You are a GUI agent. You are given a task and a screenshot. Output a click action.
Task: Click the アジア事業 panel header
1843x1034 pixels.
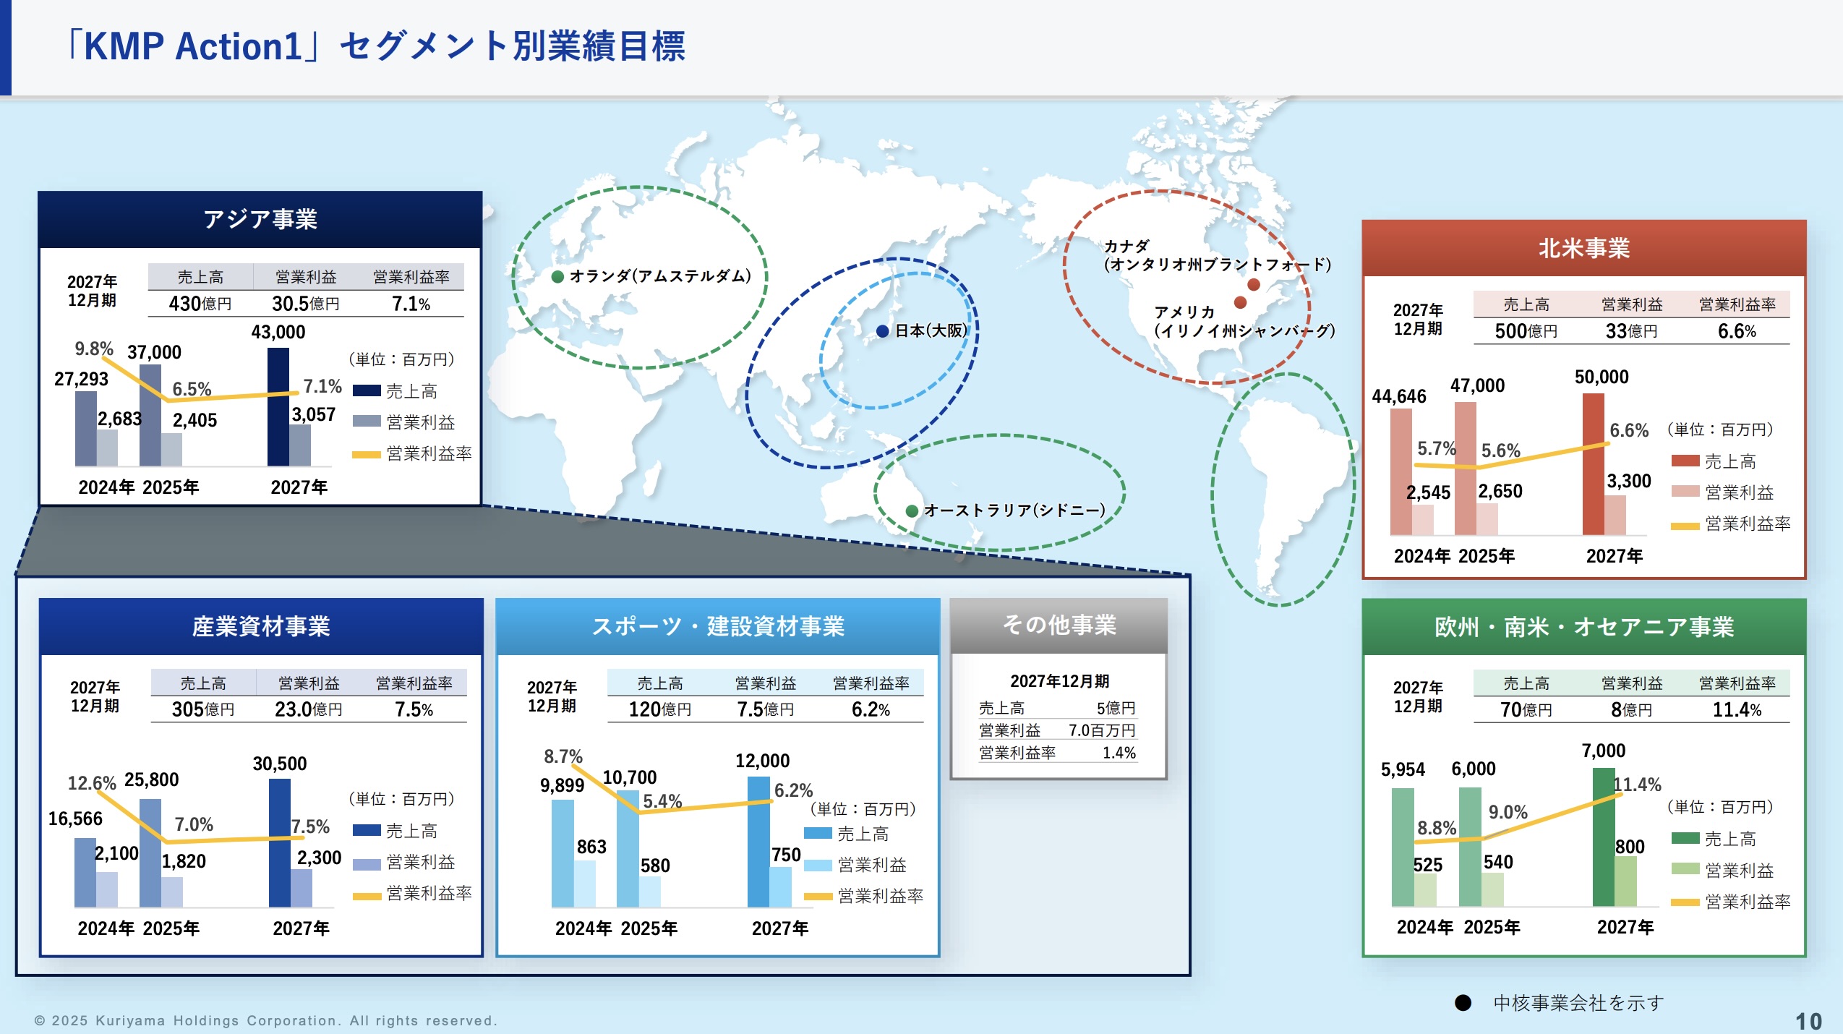pyautogui.click(x=260, y=219)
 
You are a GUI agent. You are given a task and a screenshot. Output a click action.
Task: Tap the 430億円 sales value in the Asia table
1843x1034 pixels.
pyautogui.click(x=200, y=304)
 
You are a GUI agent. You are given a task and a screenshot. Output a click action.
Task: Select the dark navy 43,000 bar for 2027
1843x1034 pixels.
pyautogui.click(x=278, y=406)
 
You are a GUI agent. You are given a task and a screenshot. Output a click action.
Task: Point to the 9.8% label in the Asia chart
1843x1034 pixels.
pyautogui.click(x=94, y=349)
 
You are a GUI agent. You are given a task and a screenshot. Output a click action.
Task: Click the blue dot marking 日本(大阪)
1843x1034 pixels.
pyautogui.click(x=882, y=331)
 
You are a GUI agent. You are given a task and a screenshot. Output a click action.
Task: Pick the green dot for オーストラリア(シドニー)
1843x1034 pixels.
pyautogui.click(x=912, y=510)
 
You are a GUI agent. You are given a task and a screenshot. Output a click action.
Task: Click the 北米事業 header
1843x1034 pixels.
pyautogui.click(x=1583, y=248)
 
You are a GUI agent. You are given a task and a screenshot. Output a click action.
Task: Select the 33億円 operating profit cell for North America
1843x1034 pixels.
pyautogui.click(x=1631, y=331)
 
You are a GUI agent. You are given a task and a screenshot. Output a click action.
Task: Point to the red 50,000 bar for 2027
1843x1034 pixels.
pyautogui.click(x=1593, y=464)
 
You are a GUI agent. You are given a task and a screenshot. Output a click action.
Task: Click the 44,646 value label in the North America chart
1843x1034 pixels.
pyautogui.click(x=1399, y=396)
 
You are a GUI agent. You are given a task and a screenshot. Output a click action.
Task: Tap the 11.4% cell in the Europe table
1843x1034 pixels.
pyautogui.click(x=1737, y=710)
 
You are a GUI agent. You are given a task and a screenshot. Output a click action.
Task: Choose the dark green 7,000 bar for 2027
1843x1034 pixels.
pyautogui.click(x=1603, y=837)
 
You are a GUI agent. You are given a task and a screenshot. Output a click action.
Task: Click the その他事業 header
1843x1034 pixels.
pyautogui.click(x=1059, y=625)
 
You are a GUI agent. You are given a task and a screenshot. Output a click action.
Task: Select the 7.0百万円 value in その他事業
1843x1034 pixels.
pyautogui.click(x=1102, y=730)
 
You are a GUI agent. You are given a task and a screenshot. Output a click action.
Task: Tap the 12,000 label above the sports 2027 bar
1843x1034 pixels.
pyautogui.click(x=762, y=761)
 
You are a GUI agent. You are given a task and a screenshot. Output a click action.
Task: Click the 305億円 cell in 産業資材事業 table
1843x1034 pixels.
pyautogui.click(x=203, y=709)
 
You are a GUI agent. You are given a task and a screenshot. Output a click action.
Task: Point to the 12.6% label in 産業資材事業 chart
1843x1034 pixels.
pyautogui.click(x=92, y=783)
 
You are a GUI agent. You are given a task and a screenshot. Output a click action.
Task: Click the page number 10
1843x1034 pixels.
pyautogui.click(x=1808, y=1021)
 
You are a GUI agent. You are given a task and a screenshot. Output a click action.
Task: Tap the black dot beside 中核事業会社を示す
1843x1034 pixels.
pyautogui.click(x=1463, y=1003)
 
